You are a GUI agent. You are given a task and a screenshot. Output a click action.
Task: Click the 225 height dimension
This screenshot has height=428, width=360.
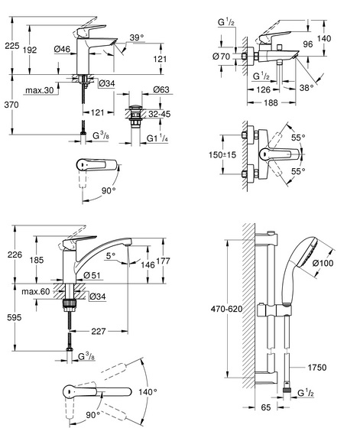(12, 46)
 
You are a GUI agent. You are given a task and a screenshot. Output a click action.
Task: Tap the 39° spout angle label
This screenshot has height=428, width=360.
(137, 37)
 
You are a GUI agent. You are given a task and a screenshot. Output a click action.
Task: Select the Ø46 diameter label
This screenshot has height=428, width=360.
(62, 49)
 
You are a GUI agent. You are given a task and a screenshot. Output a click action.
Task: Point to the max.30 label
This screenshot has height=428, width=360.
(40, 90)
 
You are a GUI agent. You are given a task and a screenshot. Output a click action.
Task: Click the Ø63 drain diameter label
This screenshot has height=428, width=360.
(161, 89)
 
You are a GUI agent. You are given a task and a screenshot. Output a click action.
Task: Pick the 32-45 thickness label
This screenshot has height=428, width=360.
(160, 114)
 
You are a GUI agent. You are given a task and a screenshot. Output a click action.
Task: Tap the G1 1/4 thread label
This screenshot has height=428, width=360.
(157, 138)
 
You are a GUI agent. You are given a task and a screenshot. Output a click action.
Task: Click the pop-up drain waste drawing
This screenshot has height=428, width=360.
(135, 116)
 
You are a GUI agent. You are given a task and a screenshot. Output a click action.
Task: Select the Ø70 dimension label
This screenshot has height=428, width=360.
(222, 57)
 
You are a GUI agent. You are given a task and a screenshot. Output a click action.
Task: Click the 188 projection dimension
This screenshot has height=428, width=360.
(271, 103)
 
